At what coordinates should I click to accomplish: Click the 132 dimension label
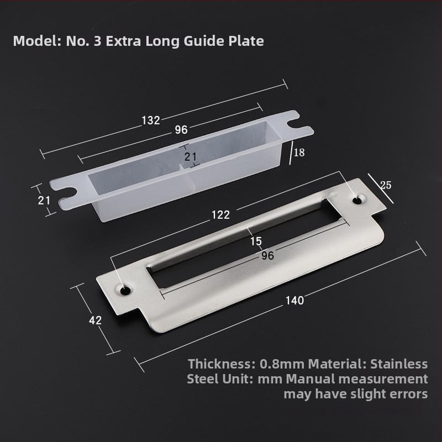pos(151,120)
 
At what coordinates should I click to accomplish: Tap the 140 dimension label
pos(294,301)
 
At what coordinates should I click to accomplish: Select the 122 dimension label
pos(220,215)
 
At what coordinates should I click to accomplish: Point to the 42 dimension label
pos(95,320)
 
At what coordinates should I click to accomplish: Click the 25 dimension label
pos(386,185)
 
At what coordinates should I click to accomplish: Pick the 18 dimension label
pos(299,152)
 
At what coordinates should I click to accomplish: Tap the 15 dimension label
pos(256,241)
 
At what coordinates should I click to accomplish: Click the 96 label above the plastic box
pos(181,130)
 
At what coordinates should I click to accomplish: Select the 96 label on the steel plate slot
pos(267,256)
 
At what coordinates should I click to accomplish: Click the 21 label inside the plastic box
pos(191,157)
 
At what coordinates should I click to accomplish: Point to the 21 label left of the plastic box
pos(44,201)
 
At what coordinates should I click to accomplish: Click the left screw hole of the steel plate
pos(124,291)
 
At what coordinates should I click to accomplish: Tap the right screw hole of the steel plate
pos(357,201)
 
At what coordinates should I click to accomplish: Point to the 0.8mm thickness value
pos(282,364)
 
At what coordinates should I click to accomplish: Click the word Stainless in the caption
pos(398,364)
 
